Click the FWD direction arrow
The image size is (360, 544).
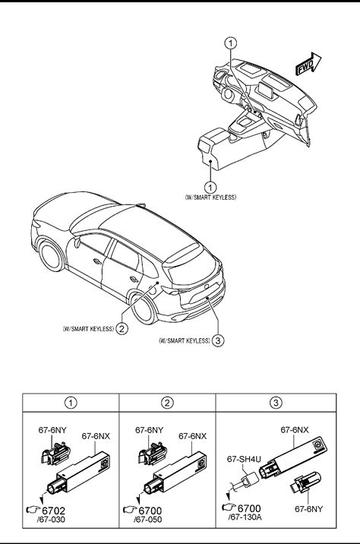tap(308, 64)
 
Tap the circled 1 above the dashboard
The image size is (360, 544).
tap(231, 43)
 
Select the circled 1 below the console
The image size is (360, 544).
tap(210, 188)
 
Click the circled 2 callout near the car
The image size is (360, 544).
tap(122, 328)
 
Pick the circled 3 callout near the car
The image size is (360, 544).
tap(217, 340)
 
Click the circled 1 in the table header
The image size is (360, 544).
tap(71, 403)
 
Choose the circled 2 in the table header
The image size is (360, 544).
tap(167, 403)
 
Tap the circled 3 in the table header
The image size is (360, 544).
tap(276, 403)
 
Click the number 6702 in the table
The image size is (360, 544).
tap(53, 511)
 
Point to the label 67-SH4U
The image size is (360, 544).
tap(244, 459)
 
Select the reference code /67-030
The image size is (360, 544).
tap(51, 520)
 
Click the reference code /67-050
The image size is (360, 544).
tap(148, 520)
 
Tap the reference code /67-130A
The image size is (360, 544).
tap(245, 517)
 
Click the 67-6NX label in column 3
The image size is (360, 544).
tap(295, 430)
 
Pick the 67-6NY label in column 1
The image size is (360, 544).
tap(52, 430)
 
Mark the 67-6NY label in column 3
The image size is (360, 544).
tap(308, 509)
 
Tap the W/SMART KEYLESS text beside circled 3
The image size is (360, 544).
tap(184, 340)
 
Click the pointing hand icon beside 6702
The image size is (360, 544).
tap(33, 510)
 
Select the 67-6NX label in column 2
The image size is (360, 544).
tap(192, 436)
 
